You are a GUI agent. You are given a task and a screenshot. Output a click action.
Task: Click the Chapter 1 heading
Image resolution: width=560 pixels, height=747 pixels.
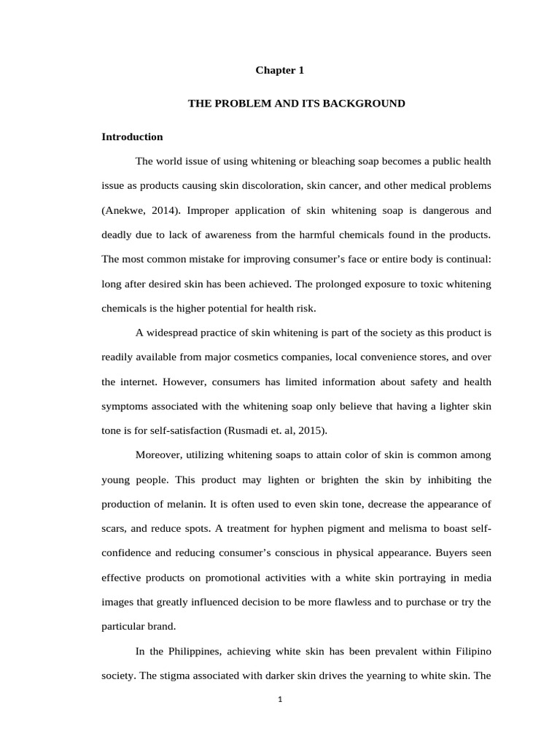tap(279, 71)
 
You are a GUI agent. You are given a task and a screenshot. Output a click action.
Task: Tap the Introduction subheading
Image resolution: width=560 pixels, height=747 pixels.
tap(132, 136)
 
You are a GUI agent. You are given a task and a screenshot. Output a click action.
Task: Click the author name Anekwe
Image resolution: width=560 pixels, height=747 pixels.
tap(126, 211)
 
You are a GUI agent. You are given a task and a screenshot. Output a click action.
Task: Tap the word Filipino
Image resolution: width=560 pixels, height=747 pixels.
tap(470, 651)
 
